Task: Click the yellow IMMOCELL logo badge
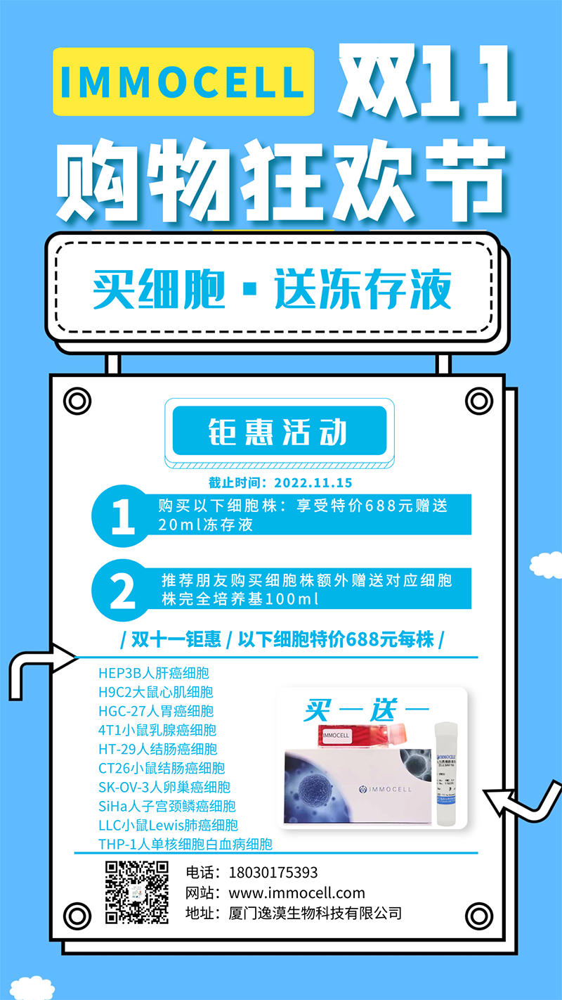[183, 82]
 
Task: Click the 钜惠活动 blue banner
[279, 431]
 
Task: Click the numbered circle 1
[123, 517]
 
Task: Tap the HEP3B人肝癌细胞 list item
[154, 673]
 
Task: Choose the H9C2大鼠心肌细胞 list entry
[155, 692]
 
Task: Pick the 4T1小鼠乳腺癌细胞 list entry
[157, 730]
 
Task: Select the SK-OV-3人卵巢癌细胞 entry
[164, 787]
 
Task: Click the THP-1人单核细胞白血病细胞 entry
[185, 844]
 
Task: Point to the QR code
[137, 892]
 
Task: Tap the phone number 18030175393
[273, 873]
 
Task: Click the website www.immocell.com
[297, 893]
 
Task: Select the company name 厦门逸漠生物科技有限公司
[315, 914]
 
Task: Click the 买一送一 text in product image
[366, 710]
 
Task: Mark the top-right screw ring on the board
[479, 402]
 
